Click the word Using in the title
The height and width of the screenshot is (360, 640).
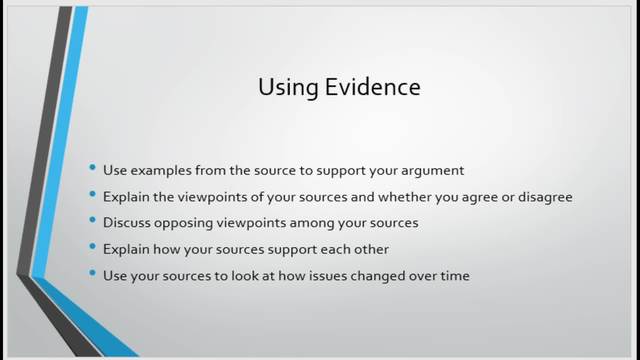tap(282, 88)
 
